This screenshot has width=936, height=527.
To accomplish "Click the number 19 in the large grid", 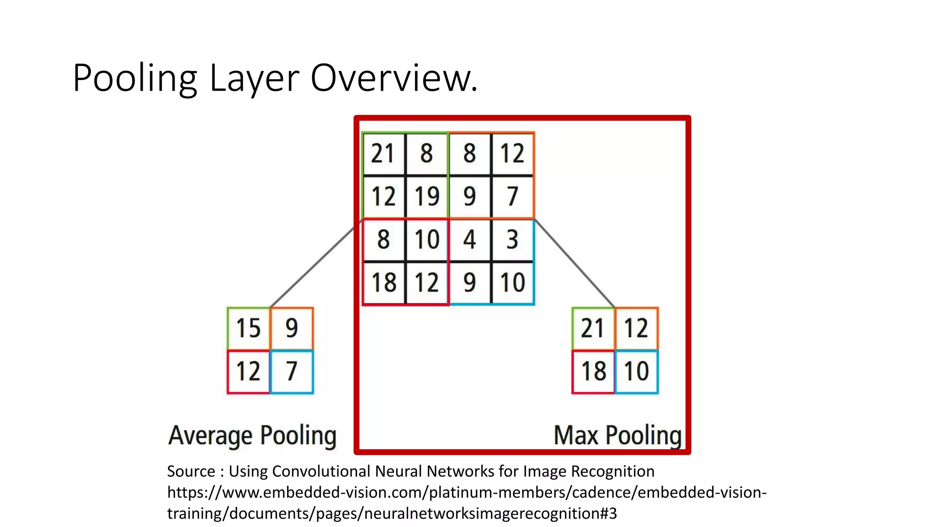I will (x=427, y=196).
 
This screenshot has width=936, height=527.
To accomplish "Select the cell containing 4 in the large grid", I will (x=470, y=239).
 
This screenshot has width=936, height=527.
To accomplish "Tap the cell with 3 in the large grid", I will (x=512, y=239).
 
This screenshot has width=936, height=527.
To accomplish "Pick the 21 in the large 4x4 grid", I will (x=383, y=153).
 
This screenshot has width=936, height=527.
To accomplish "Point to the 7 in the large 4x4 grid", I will (x=512, y=196).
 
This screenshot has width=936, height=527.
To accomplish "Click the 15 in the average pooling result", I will (x=248, y=328).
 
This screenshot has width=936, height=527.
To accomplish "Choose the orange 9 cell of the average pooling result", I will (x=292, y=328).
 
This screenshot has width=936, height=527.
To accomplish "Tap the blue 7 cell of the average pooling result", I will (x=292, y=371).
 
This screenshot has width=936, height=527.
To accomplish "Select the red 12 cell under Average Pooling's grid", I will (x=248, y=371).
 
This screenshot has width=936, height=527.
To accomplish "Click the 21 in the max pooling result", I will (x=593, y=328).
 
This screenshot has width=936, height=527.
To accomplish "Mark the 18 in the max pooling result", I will (x=593, y=371).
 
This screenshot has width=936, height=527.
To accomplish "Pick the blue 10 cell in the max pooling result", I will (x=636, y=371).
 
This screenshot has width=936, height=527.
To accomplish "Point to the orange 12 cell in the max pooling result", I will (x=636, y=328).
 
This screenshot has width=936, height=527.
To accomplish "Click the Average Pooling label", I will (x=252, y=436).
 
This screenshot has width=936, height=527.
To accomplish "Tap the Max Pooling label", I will (x=617, y=436).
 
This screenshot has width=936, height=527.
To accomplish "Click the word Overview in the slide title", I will (x=394, y=78).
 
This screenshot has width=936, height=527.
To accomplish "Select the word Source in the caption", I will (x=191, y=471).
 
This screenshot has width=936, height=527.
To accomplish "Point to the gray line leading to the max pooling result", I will (x=575, y=263).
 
